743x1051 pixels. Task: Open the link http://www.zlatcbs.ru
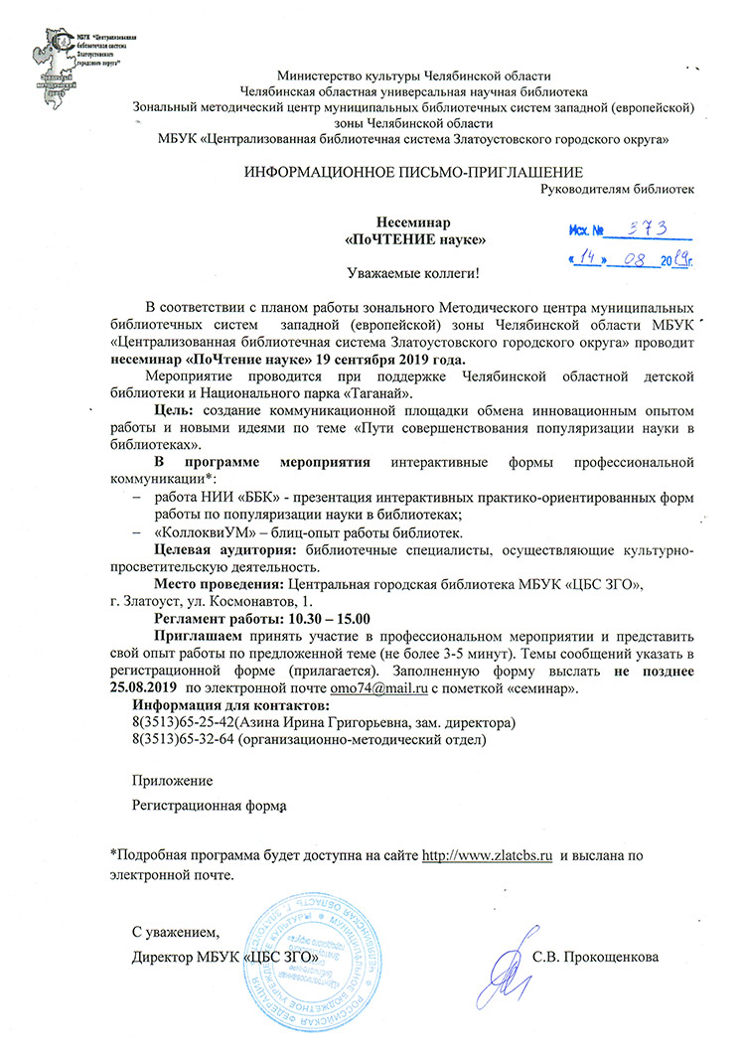[x=487, y=854]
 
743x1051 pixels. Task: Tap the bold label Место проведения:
[x=218, y=584]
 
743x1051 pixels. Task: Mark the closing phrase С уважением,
[x=174, y=932]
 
